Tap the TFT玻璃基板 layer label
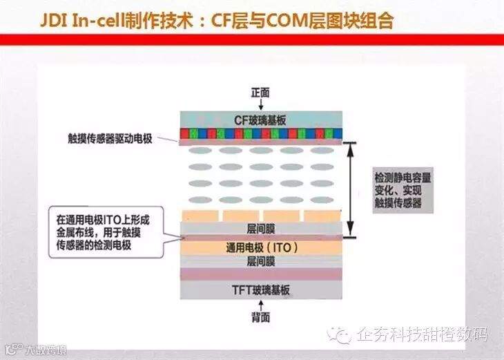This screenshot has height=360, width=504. [261, 290]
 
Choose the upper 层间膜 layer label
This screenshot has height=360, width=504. [261, 227]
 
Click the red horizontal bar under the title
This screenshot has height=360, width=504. [252, 39]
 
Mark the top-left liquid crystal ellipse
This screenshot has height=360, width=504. [199, 150]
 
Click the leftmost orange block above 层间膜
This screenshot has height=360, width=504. [200, 216]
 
